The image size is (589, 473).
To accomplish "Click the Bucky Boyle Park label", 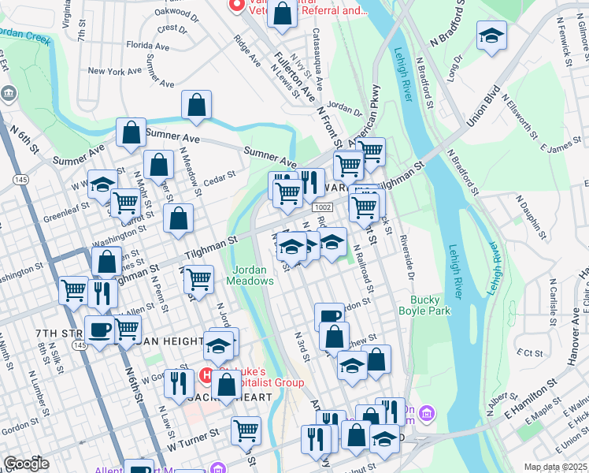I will coord(431,305).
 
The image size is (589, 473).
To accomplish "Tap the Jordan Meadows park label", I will coord(251,275).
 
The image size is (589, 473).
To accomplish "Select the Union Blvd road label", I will coord(484,107).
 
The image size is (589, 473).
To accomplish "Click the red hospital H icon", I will coord(206,373).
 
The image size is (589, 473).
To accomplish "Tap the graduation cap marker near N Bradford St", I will coord(491,36).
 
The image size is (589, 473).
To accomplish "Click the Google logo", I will coord(26,464).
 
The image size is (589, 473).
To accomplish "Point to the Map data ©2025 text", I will coord(555,467).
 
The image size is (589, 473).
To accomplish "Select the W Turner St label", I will coord(192,436).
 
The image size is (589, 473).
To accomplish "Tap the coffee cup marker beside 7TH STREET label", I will coord(99,329).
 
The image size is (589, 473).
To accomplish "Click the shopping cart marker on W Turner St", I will coord(246,430).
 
